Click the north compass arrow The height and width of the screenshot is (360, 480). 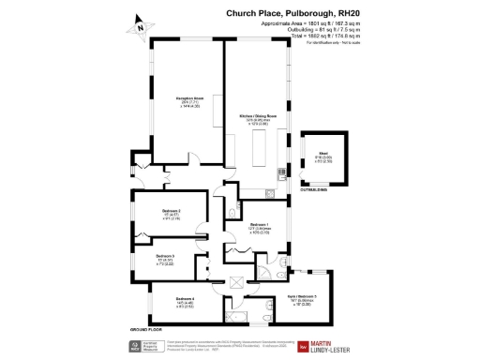point(140,25)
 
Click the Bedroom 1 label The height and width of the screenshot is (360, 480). point(259,225)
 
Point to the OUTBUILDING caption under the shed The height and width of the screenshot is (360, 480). point(314,190)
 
